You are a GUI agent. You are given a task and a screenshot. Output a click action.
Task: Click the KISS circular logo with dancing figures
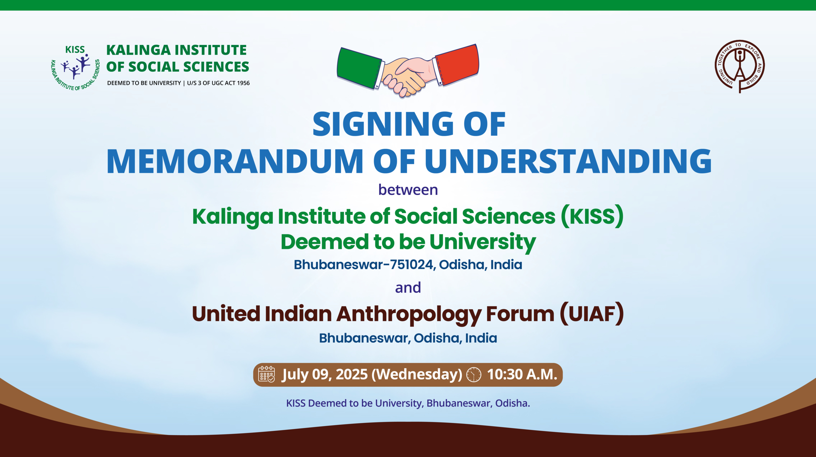pyautogui.click(x=75, y=68)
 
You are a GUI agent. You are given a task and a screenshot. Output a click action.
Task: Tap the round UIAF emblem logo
pyautogui.click(x=739, y=66)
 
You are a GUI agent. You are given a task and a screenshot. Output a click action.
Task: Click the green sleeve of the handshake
pyautogui.click(x=360, y=68)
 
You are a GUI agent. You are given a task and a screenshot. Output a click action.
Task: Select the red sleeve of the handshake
pyautogui.click(x=457, y=65)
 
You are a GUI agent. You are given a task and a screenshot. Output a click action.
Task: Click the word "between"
pyautogui.click(x=408, y=190)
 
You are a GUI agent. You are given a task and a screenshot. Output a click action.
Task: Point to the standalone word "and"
pyautogui.click(x=408, y=287)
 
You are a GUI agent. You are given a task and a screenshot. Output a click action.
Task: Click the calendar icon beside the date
pyautogui.click(x=266, y=374)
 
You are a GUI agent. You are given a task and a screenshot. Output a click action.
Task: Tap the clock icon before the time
pyautogui.click(x=474, y=374)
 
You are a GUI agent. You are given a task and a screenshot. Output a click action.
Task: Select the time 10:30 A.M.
pyautogui.click(x=522, y=374)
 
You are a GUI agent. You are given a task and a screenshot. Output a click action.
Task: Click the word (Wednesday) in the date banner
pyautogui.click(x=417, y=374)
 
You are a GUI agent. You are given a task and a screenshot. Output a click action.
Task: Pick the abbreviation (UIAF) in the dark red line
pyautogui.click(x=592, y=314)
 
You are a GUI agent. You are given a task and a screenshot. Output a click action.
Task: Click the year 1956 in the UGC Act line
pyautogui.click(x=243, y=83)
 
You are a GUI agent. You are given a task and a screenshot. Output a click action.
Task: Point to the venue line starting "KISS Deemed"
pyautogui.click(x=408, y=403)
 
